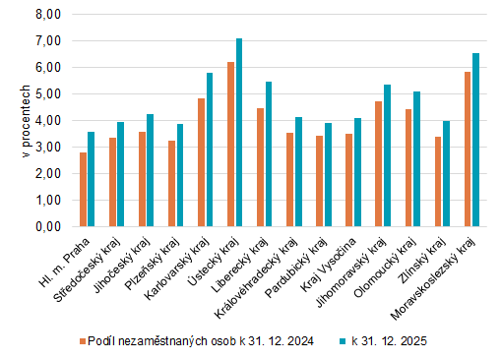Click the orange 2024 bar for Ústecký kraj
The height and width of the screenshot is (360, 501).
(230, 144)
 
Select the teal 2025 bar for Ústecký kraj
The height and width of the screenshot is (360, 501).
(238, 132)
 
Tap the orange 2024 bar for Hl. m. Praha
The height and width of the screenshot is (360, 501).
(84, 189)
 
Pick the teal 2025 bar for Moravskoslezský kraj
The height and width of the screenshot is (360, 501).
(475, 140)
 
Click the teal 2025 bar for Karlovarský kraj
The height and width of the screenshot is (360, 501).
(210, 150)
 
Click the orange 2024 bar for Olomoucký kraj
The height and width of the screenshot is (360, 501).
(379, 167)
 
